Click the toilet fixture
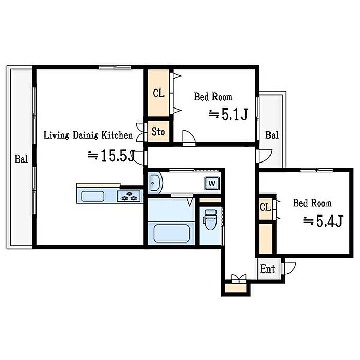(210, 220)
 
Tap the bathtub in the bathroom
(172, 233)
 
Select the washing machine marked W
(212, 184)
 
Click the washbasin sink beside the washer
(156, 183)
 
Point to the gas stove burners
(129, 196)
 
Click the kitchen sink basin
(93, 196)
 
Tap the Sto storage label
(158, 132)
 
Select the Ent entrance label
(267, 268)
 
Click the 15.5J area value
(118, 155)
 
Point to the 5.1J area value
(235, 114)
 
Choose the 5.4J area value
(330, 221)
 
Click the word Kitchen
(117, 135)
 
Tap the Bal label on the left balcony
(22, 159)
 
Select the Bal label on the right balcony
(272, 135)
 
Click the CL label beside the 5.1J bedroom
(158, 93)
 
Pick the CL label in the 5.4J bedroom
(265, 207)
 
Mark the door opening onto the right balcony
(265, 156)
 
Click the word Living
(56, 135)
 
